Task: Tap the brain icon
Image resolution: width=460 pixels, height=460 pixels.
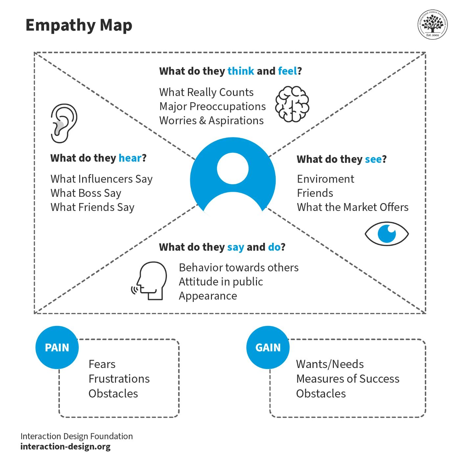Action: pyautogui.click(x=292, y=104)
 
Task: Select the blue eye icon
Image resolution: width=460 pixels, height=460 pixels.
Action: pyautogui.click(x=387, y=234)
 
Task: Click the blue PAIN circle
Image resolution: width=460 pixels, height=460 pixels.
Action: pyautogui.click(x=57, y=347)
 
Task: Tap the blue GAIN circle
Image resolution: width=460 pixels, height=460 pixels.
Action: pyautogui.click(x=268, y=347)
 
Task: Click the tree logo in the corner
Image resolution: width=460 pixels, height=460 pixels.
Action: pyautogui.click(x=433, y=24)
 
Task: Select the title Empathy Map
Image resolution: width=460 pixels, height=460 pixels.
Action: pyautogui.click(x=79, y=25)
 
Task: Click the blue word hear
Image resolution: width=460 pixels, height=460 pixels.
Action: pyautogui.click(x=130, y=158)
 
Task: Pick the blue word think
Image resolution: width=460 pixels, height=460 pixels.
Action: pyautogui.click(x=241, y=71)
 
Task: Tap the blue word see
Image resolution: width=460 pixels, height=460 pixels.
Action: pyautogui.click(x=373, y=159)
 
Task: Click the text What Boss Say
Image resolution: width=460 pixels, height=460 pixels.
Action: pyautogui.click(x=86, y=193)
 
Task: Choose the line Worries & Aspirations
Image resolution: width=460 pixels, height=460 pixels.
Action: pyautogui.click(x=211, y=121)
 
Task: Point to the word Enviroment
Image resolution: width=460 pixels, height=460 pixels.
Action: pyautogui.click(x=325, y=179)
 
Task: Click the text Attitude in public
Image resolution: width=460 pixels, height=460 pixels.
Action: pyautogui.click(x=221, y=282)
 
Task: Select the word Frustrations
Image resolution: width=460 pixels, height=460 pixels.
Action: pyautogui.click(x=119, y=379)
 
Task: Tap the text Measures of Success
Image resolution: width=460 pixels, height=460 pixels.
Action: pyautogui.click(x=348, y=379)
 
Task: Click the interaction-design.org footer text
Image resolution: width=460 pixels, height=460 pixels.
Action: pyautogui.click(x=65, y=447)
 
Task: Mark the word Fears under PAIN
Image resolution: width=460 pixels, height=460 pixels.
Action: pyautogui.click(x=102, y=364)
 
